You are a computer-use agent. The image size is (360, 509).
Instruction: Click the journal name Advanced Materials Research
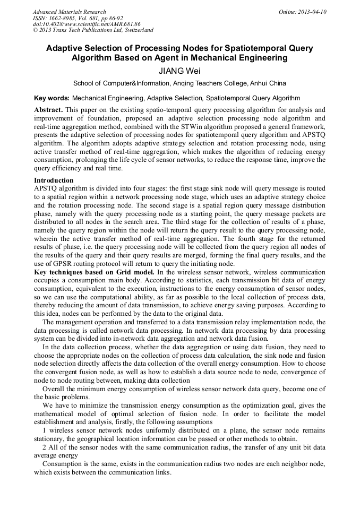click(69, 12)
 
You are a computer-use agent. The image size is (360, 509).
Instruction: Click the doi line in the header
click(87, 24)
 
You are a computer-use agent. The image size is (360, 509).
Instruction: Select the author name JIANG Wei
click(179, 71)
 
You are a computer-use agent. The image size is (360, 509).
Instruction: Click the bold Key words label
click(52, 98)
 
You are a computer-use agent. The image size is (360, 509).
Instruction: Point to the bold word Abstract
click(49, 110)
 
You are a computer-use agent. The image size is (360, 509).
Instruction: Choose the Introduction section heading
click(54, 180)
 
